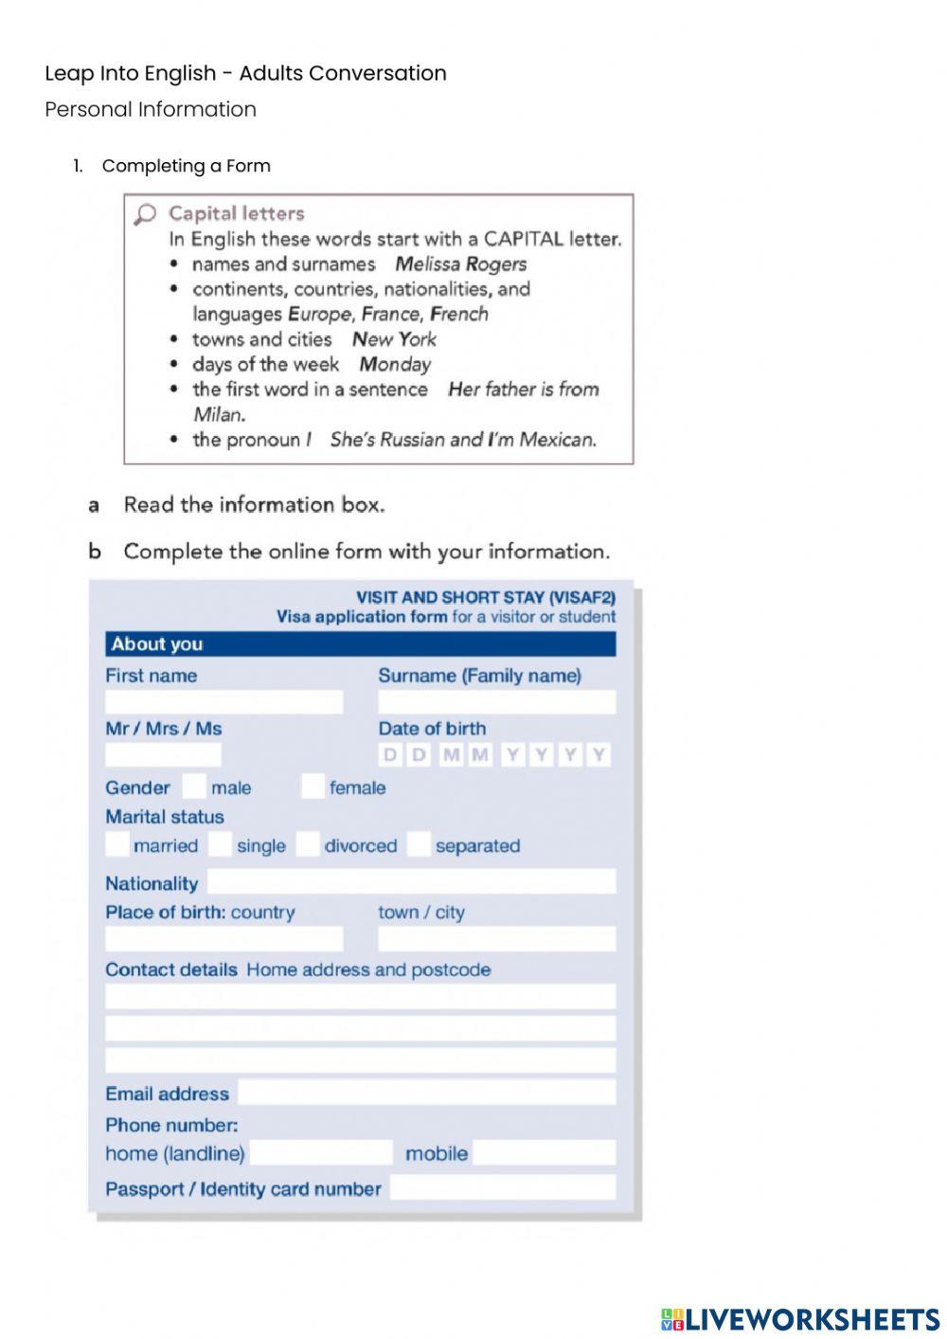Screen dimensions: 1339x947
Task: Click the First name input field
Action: (x=223, y=702)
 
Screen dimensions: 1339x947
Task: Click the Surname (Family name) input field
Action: (x=496, y=702)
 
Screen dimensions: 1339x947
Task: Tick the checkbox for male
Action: (x=194, y=787)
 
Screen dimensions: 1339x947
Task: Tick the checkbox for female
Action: (x=313, y=787)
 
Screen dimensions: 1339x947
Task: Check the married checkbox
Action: (x=117, y=844)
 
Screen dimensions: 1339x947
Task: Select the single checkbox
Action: (x=220, y=844)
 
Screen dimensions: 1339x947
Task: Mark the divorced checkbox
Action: (x=308, y=844)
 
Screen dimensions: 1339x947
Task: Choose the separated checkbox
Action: (x=419, y=844)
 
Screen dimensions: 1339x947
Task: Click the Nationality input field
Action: (x=411, y=882)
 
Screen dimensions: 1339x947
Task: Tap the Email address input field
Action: (x=426, y=1093)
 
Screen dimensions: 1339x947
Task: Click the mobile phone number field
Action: (x=545, y=1153)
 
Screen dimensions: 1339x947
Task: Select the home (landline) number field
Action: (x=321, y=1153)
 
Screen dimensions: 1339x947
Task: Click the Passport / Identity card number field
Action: (x=502, y=1188)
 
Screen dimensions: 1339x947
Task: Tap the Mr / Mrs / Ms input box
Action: (x=163, y=755)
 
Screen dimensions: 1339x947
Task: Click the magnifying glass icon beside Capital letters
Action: (x=145, y=215)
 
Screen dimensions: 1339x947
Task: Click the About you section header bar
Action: (x=360, y=644)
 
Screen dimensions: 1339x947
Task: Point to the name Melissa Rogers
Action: (x=460, y=264)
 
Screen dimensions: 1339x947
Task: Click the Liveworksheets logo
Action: (x=799, y=1319)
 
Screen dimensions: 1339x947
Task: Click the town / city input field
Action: (x=496, y=939)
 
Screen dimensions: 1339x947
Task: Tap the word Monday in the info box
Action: (x=395, y=365)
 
